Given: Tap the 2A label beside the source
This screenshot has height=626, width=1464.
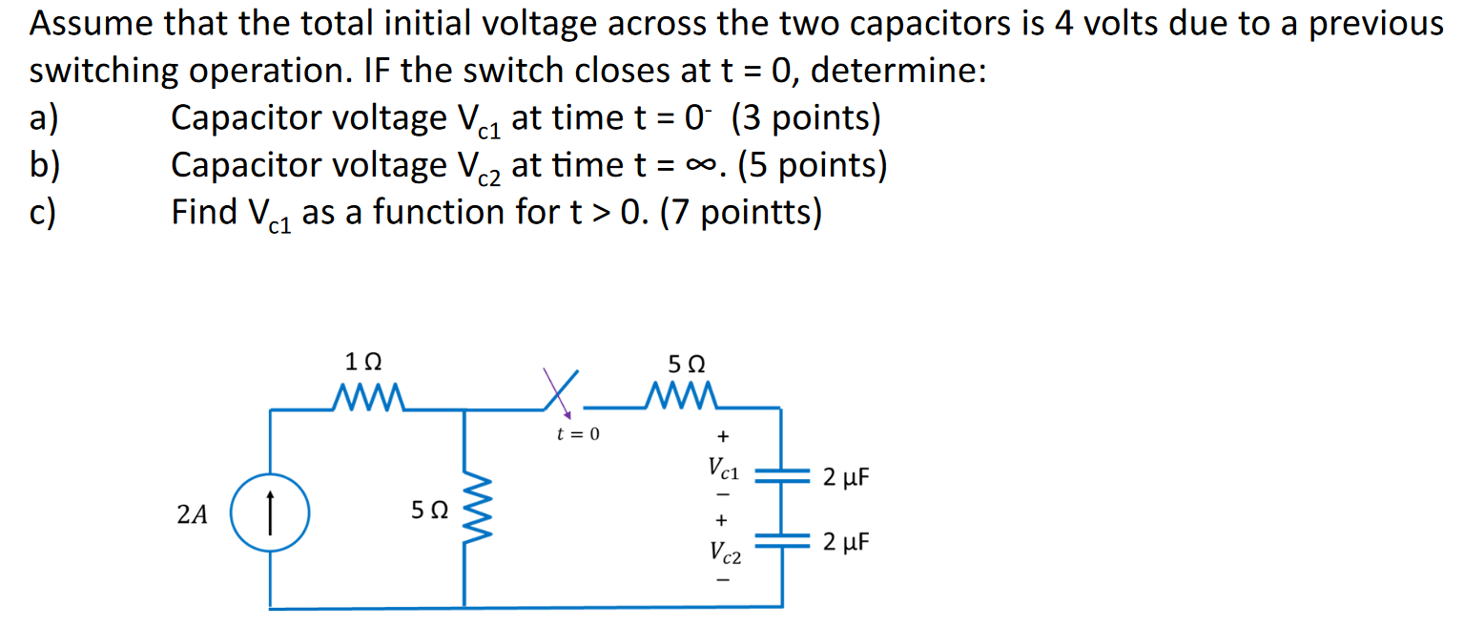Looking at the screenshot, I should (193, 515).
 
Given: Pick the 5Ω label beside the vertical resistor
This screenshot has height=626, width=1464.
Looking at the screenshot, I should (429, 512).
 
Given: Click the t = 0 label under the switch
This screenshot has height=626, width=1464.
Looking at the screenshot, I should (579, 435).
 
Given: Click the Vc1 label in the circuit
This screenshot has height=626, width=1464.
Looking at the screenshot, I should (722, 469).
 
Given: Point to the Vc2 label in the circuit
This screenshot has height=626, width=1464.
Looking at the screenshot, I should (722, 552).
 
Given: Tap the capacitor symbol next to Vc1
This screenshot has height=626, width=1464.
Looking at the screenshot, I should (782, 478).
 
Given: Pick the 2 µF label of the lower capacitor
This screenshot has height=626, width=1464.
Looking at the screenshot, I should (847, 543).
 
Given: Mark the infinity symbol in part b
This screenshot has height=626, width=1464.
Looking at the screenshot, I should (704, 166).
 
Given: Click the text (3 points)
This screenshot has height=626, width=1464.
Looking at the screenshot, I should (806, 118).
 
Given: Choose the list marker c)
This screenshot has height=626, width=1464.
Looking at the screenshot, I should (43, 212).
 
